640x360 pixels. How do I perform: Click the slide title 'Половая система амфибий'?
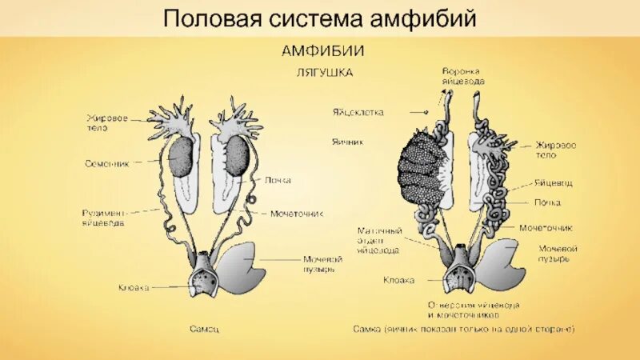click(x=320, y=18)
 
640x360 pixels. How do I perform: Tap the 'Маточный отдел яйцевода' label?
click(x=379, y=240)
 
